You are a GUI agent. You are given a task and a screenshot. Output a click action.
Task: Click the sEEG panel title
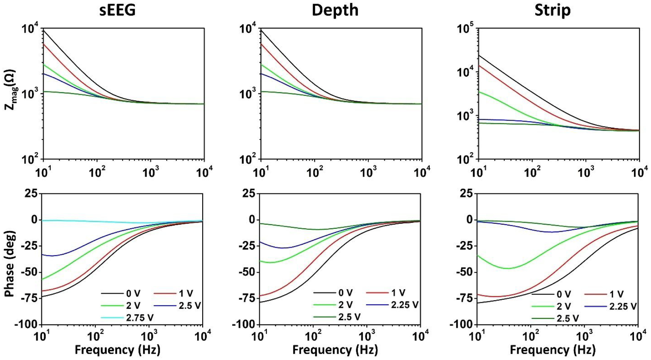pos(118,10)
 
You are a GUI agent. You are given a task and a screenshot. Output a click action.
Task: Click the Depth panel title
pos(335,10)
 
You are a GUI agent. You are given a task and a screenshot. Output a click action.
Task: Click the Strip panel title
pos(552,10)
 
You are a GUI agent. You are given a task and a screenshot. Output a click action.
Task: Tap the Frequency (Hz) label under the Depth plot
pos(335,350)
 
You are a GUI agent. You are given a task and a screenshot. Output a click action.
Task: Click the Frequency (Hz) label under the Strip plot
pos(552,350)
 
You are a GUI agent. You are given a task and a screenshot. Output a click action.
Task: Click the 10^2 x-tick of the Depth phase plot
pos(313,336)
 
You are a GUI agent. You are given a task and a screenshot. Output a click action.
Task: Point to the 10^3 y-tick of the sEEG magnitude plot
pos(30,94)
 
